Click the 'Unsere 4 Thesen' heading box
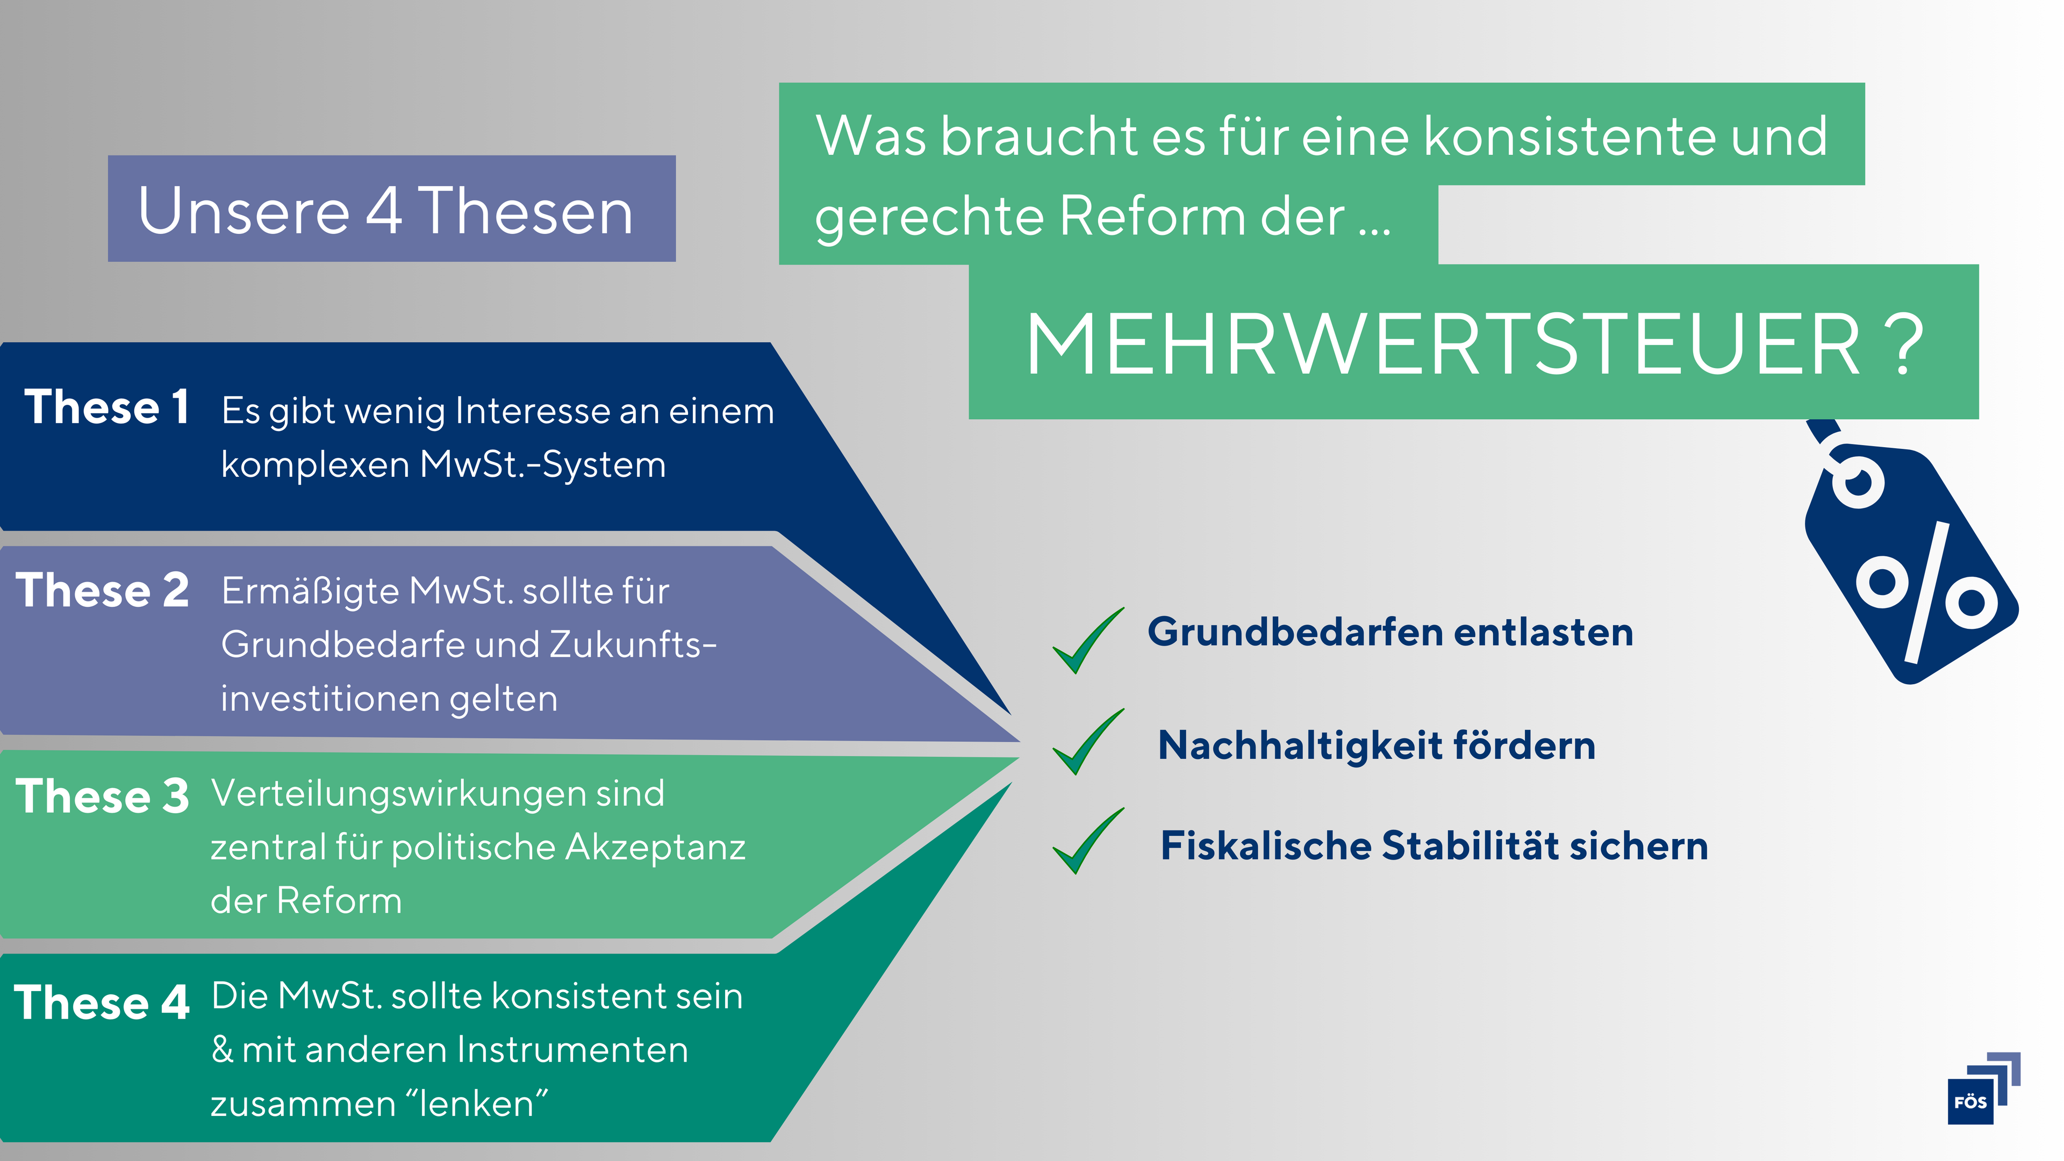point(392,209)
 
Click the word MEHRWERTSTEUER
point(1442,345)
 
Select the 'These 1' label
point(106,407)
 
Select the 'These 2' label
point(103,591)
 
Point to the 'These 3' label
point(103,797)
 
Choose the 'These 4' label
point(102,1002)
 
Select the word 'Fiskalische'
point(1266,846)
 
